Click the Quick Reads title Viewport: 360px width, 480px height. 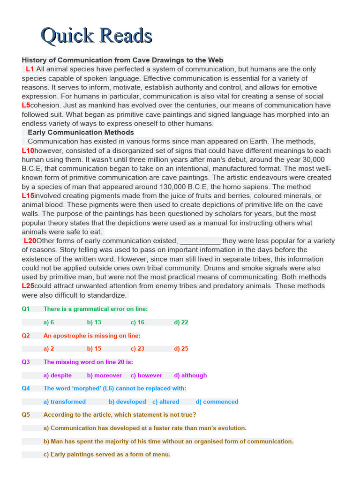[x=96, y=36]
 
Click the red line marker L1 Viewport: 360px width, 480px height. [x=30, y=69]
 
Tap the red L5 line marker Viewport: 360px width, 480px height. [x=26, y=105]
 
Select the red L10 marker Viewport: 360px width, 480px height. [x=28, y=150]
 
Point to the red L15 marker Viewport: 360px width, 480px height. [x=28, y=195]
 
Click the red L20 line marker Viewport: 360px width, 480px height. [x=30, y=241]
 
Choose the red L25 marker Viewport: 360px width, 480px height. [x=28, y=286]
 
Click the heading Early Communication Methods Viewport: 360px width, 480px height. [x=81, y=133]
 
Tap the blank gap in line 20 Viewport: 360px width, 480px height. [x=200, y=241]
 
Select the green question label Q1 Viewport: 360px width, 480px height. [x=26, y=309]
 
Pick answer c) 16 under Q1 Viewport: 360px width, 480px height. [x=137, y=322]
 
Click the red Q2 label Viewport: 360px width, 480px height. [x=26, y=336]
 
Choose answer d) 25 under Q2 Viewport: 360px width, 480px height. [x=181, y=349]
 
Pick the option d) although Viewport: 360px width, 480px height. [x=190, y=375]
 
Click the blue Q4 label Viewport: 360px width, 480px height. [x=26, y=388]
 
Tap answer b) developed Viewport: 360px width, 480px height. [x=127, y=402]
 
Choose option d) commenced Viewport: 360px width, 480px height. [x=217, y=402]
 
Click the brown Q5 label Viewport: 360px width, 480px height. [x=26, y=415]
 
